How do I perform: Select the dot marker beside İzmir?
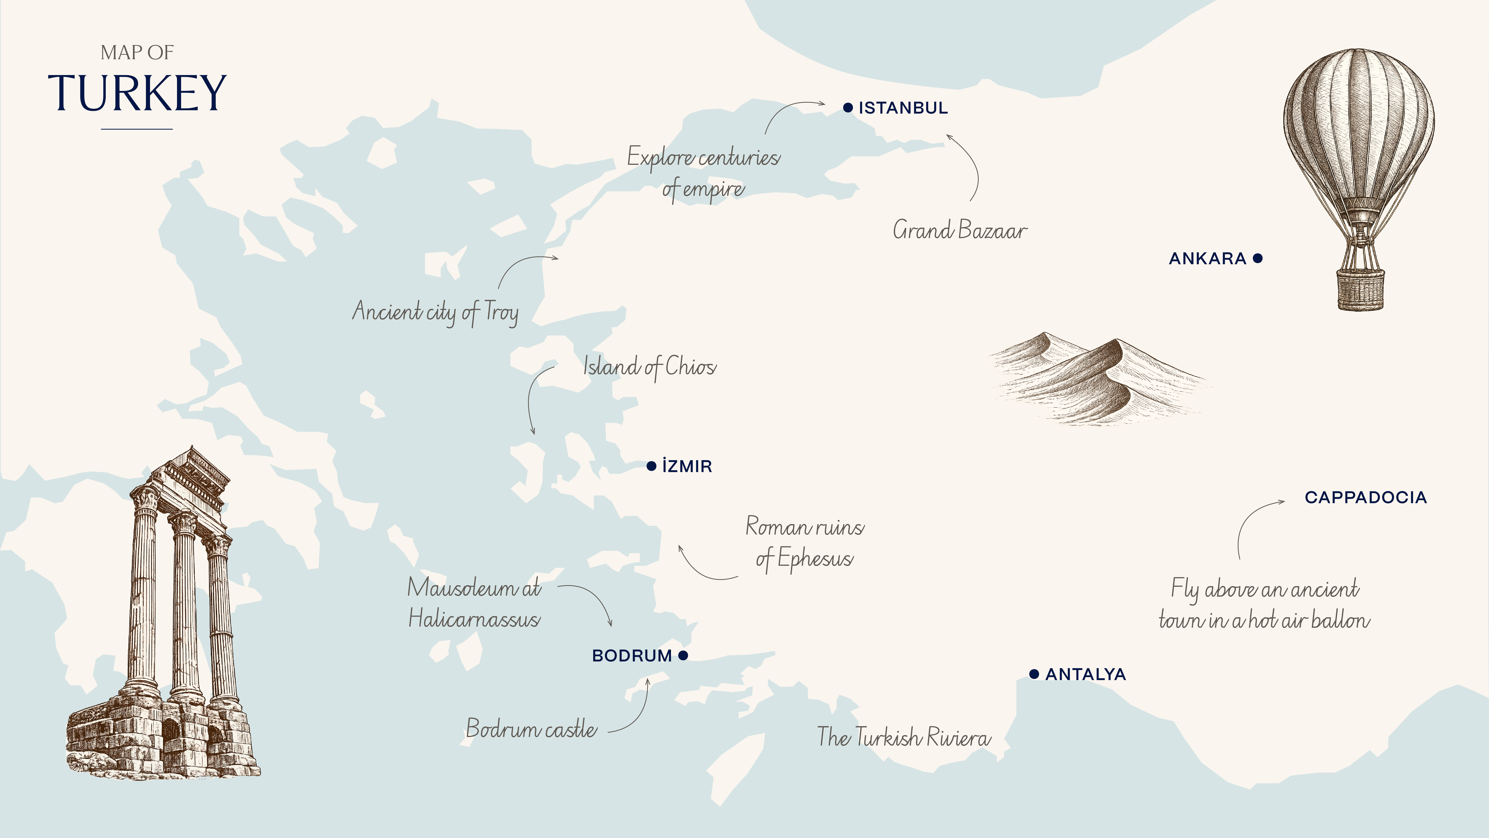(x=651, y=466)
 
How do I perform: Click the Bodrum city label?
(x=632, y=656)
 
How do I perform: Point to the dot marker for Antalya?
(x=1034, y=674)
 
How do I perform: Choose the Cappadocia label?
(x=1365, y=497)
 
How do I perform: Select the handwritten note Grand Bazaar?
(x=959, y=230)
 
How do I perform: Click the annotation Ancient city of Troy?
(x=435, y=312)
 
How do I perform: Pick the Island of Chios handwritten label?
(x=649, y=367)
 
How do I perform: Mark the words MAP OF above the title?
(x=137, y=53)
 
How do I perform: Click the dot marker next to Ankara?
(x=1258, y=258)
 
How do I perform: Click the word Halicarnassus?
(x=474, y=619)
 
